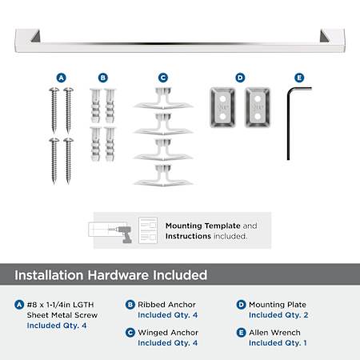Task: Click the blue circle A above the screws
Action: [x=62, y=78]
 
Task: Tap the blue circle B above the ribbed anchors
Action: [x=103, y=78]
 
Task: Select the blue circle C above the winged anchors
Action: [x=163, y=78]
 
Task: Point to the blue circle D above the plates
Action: [x=240, y=78]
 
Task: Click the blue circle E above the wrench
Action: [x=299, y=78]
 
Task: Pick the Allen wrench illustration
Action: [x=288, y=122]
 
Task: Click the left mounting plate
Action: [x=222, y=107]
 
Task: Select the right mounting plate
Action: [x=258, y=107]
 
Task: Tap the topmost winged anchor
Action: [x=163, y=98]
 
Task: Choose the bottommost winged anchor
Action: [x=163, y=175]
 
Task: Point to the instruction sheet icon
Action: [x=148, y=230]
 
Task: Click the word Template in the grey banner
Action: [x=222, y=226]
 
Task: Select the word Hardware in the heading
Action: [x=118, y=275]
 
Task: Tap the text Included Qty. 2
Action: [x=278, y=315]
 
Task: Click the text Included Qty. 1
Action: [x=278, y=343]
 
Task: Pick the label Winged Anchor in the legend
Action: [x=168, y=333]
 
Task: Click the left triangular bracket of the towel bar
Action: [x=36, y=36]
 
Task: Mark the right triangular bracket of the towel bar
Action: [x=324, y=36]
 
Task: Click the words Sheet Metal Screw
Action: [x=62, y=315]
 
